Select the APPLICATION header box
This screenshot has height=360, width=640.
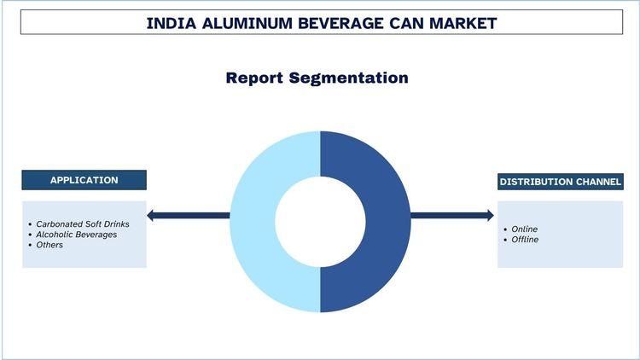point(84,180)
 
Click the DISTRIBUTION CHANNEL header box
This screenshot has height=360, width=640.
point(561,182)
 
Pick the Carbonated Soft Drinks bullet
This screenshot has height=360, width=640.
point(82,224)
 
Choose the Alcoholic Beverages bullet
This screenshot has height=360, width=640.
point(76,234)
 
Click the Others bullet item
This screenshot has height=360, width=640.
point(49,245)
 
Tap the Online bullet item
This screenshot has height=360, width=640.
point(525,229)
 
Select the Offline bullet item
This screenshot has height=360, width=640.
point(526,240)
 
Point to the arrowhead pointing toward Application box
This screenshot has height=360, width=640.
point(152,215)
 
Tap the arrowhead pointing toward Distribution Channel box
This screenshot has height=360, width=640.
point(488,215)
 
